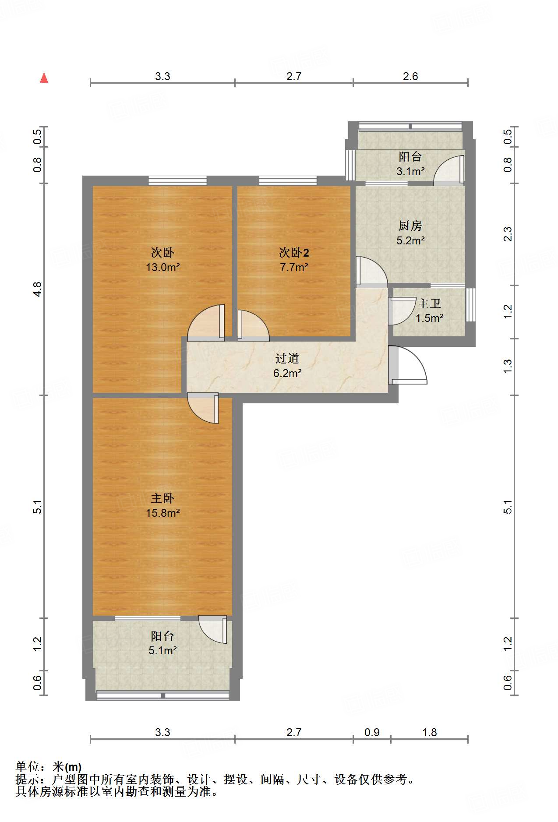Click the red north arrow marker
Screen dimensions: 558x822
[44, 78]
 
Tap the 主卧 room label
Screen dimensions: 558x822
[162, 498]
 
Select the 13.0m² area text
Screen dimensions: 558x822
[163, 267]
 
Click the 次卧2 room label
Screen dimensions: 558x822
[294, 252]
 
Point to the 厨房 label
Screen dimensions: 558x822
[410, 226]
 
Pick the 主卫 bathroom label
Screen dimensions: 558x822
[429, 303]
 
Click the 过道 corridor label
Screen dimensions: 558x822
[287, 358]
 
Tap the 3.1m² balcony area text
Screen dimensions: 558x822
[410, 171]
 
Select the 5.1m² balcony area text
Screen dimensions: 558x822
[162, 650]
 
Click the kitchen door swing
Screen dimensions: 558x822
[371, 272]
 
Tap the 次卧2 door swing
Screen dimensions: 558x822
[253, 325]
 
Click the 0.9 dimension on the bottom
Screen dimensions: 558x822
[372, 732]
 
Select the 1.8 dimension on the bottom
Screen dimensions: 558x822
[430, 732]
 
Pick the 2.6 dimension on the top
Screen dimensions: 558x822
[410, 76]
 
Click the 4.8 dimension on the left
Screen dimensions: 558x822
[38, 289]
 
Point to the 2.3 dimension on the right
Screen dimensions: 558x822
[508, 234]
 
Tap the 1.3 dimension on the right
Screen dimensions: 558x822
[508, 366]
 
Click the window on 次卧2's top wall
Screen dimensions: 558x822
[288, 180]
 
